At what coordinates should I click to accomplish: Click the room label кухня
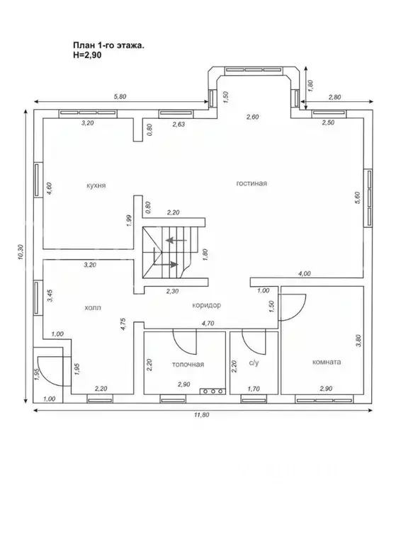(96, 185)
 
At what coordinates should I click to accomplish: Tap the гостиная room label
(252, 183)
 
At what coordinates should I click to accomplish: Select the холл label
(93, 307)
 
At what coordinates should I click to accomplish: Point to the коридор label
(207, 305)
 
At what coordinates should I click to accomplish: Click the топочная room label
(188, 365)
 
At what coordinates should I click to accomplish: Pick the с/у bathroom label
(254, 363)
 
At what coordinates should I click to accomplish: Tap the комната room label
(327, 362)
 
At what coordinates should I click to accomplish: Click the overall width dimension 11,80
(202, 415)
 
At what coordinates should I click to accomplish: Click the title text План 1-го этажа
(109, 45)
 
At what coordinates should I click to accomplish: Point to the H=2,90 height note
(87, 55)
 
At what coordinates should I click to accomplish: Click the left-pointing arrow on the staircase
(176, 240)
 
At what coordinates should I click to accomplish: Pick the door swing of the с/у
(254, 346)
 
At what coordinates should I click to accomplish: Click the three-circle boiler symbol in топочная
(213, 391)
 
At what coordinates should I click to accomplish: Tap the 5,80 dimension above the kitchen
(120, 96)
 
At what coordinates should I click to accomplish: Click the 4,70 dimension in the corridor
(208, 324)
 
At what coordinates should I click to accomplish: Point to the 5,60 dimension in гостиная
(358, 198)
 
